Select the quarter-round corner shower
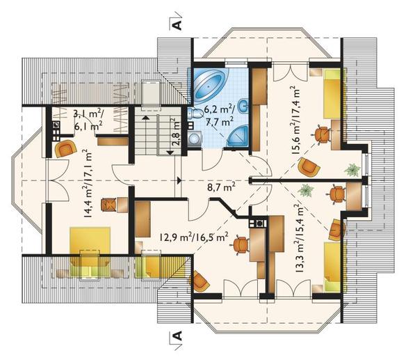click(x=238, y=136)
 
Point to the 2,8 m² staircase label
click(x=176, y=132)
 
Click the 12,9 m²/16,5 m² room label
click(x=194, y=237)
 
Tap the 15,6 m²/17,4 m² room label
click(x=295, y=120)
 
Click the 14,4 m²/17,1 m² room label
click(x=88, y=184)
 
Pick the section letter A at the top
click(x=177, y=25)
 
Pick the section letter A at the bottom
click(x=177, y=336)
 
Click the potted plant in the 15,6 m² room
click(x=352, y=170)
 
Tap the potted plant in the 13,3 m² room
click(x=305, y=191)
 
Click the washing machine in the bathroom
click(x=194, y=139)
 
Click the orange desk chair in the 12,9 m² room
click(x=241, y=245)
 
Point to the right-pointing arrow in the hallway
click(x=179, y=180)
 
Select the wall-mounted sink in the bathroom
click(x=243, y=107)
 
